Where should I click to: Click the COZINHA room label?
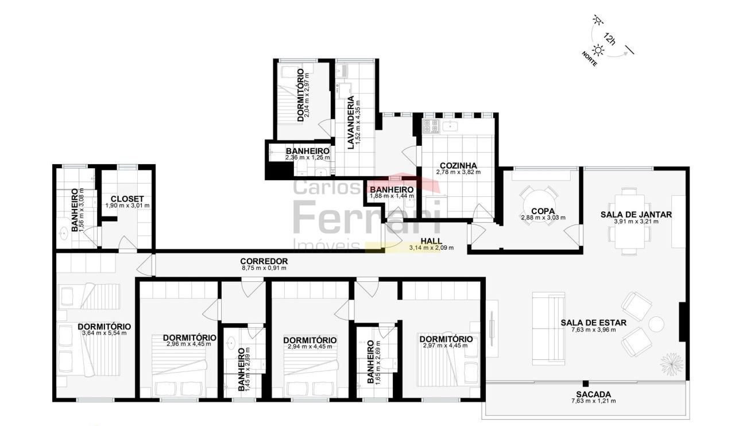coord(458,166)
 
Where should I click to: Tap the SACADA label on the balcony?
coord(593,394)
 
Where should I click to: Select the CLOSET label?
coord(127,199)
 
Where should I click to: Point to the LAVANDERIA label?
coord(351,122)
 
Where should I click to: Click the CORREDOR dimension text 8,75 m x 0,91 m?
coord(264,268)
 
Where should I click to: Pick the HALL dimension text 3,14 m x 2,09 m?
coord(431,248)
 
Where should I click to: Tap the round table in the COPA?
coord(538,206)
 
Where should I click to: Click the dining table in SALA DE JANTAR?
coord(629,222)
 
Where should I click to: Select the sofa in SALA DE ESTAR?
coord(548,328)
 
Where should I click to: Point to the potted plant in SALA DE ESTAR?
coord(671,365)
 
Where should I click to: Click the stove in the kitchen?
coord(431,126)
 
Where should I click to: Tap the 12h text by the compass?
coord(609,38)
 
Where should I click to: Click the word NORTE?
coord(589,59)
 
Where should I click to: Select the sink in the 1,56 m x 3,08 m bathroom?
coord(63,234)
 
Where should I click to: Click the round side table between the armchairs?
coord(656,324)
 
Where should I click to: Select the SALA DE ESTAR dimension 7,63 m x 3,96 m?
coord(593,330)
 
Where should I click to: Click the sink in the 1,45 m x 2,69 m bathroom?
coord(231,343)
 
